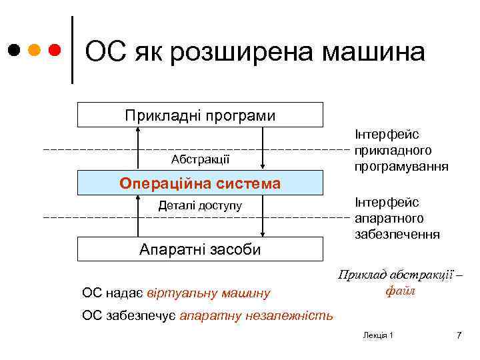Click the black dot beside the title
click(14, 51)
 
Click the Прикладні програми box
click(200, 115)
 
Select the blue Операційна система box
click(200, 183)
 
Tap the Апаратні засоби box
click(200, 249)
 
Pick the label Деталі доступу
click(200, 205)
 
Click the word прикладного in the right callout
click(393, 151)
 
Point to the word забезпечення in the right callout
click(397, 234)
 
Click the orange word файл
click(400, 291)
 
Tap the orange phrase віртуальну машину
click(209, 292)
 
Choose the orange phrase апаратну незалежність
click(256, 315)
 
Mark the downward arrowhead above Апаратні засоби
click(265, 233)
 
